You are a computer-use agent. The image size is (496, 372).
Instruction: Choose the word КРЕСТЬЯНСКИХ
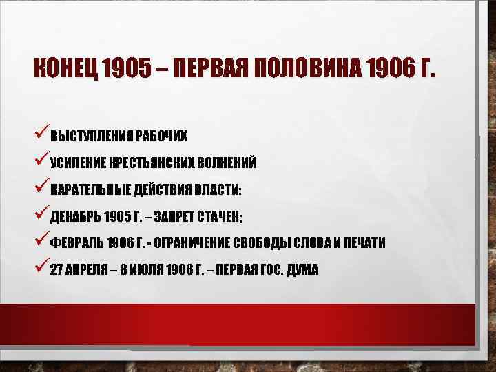point(150,163)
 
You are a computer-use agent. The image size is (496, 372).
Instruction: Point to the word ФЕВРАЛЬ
point(76,243)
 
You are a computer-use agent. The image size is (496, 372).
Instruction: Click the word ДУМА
point(303,270)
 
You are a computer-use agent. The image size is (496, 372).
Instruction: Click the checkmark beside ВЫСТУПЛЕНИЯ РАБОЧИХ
point(41,133)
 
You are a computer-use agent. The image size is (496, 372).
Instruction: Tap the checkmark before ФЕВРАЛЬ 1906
point(41,241)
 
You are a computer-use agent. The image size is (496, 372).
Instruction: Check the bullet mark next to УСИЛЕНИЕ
point(41,161)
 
